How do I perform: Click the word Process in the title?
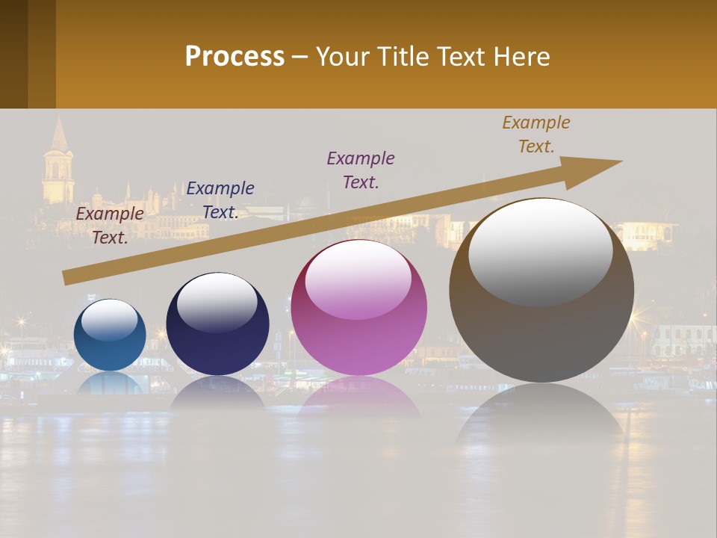coord(235,56)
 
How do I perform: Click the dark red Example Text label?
coord(110,225)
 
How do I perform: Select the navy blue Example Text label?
coord(220,200)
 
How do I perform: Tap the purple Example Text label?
coord(361,170)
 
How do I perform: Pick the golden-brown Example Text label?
coord(536,134)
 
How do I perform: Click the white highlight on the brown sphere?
coord(541,252)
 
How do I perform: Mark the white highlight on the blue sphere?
coord(110,319)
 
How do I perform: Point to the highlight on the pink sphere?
coord(358,279)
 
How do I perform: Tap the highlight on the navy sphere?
coord(217,302)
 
